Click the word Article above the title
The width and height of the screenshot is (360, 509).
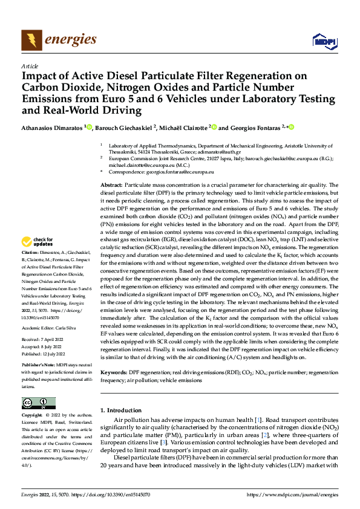29,66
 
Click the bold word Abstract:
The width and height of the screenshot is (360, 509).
112,184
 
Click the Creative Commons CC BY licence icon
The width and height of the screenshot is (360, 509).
38,403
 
